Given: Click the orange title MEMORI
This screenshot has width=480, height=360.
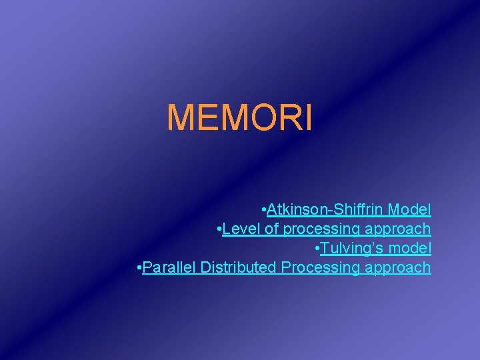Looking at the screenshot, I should (239, 117).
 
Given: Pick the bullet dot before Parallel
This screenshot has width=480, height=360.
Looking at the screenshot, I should (139, 268).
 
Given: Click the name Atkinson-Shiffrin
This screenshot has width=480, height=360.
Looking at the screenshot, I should (325, 210).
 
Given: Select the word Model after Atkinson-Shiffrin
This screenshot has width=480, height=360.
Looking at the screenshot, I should (409, 210).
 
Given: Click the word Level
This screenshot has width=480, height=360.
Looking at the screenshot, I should (242, 229).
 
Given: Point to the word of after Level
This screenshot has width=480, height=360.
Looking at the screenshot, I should (272, 229).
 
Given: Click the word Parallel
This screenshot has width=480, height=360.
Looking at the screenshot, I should (169, 268).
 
